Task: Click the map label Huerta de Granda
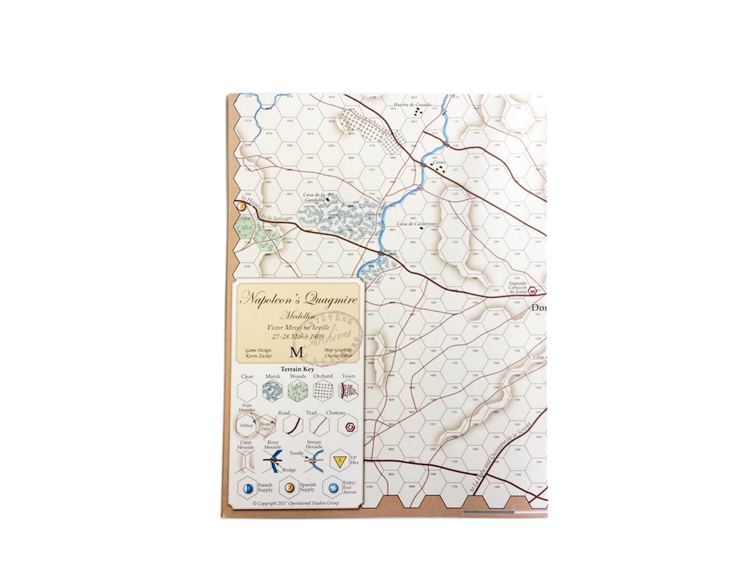click(412, 105)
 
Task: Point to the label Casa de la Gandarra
click(314, 197)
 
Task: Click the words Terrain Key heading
click(297, 369)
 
